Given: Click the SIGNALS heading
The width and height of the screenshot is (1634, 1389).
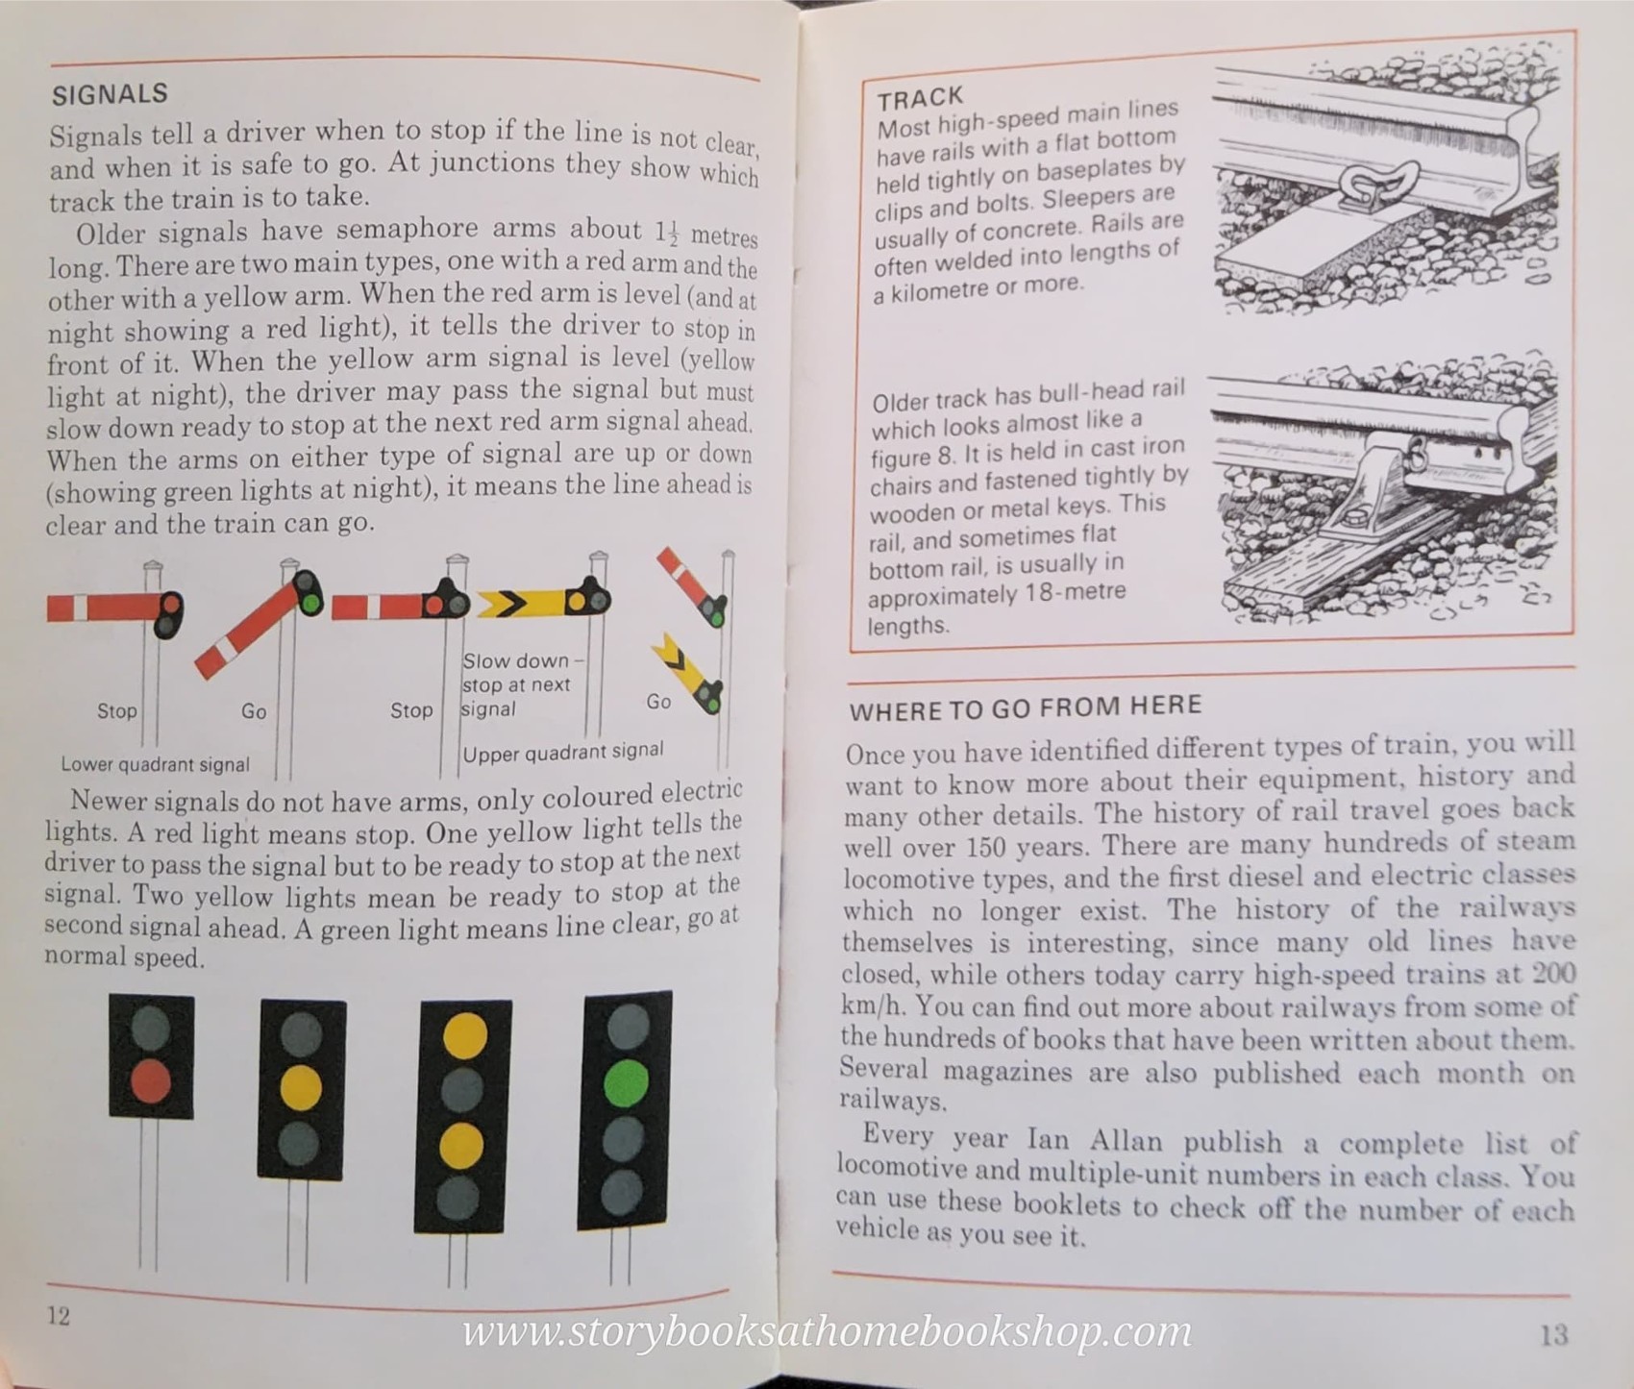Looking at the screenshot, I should [110, 94].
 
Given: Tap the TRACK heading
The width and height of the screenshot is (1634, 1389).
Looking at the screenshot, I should [919, 98].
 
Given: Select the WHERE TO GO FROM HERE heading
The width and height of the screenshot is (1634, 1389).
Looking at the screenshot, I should [1025, 708].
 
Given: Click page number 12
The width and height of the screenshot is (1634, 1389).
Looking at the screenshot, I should [59, 1315].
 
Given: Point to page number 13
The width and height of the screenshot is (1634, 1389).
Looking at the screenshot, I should [1553, 1334].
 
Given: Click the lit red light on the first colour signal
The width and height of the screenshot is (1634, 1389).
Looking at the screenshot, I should [151, 1081].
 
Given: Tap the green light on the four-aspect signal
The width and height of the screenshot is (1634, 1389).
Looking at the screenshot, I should [626, 1083].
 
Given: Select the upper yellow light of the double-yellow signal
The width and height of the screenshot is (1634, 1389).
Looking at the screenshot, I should [464, 1034].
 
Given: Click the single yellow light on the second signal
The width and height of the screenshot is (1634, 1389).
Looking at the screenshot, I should [301, 1087].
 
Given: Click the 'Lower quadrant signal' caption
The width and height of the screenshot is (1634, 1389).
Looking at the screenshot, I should [155, 764].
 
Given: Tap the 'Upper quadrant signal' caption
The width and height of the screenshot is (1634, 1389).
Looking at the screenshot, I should [562, 752].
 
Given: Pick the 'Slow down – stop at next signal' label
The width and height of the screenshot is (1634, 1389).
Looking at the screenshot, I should [519, 684].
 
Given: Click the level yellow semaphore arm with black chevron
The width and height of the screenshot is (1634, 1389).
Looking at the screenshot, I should [524, 604].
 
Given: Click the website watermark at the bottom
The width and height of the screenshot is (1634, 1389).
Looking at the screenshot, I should [827, 1331].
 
